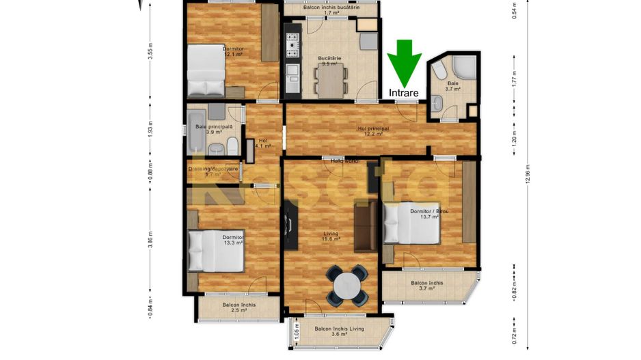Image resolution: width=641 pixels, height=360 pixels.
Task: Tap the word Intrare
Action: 405,92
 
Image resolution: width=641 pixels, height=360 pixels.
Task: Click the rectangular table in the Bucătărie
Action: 331,81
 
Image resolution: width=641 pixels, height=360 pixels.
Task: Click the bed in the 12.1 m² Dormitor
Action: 205,70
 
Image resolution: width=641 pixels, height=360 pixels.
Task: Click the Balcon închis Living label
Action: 339,329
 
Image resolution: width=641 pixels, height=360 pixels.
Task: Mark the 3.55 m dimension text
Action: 150,52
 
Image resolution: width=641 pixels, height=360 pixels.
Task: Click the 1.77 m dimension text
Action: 514,80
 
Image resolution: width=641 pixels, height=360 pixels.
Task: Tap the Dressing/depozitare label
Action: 213,169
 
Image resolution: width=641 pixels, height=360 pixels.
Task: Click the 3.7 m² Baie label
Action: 453,85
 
